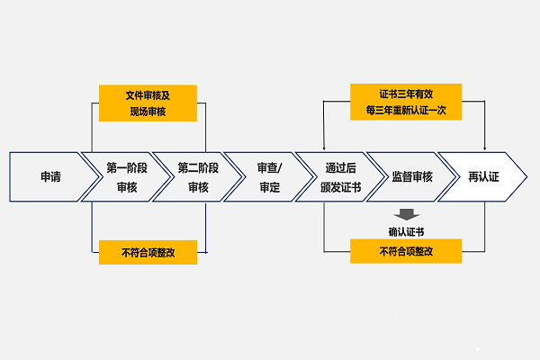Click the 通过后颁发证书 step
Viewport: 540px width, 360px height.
pos(341,176)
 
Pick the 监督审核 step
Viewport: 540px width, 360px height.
pos(412,176)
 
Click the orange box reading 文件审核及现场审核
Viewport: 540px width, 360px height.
pos(148,102)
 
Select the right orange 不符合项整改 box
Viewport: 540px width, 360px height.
pos(406,251)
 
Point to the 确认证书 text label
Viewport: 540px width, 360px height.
pos(406,231)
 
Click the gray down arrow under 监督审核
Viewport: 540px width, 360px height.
pos(406,214)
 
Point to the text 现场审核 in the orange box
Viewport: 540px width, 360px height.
pos(148,111)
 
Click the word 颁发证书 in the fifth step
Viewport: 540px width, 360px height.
pos(341,187)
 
